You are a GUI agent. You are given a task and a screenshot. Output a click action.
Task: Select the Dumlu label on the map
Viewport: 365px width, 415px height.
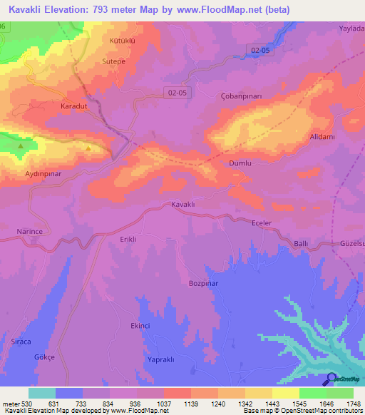coord(240,163)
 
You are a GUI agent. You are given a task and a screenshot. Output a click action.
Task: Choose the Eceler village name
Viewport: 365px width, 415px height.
coord(262,223)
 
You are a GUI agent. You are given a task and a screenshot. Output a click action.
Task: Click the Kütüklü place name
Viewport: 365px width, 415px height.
coord(122,41)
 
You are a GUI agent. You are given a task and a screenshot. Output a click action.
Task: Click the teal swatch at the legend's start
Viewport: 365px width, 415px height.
coord(42,393)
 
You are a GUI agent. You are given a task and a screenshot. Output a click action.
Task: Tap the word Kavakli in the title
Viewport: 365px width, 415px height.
coord(29,9)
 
